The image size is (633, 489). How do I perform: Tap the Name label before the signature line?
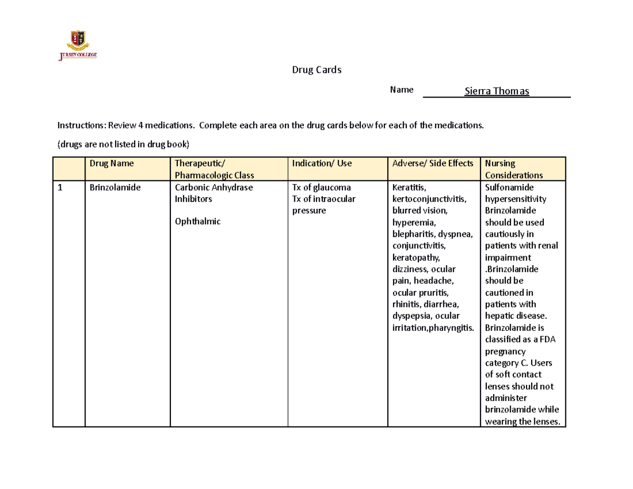(x=401, y=90)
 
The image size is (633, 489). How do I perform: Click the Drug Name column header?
(x=111, y=164)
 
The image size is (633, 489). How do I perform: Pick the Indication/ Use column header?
(x=322, y=164)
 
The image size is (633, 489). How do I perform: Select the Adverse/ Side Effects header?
(x=433, y=164)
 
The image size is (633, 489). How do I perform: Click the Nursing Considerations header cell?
(x=514, y=169)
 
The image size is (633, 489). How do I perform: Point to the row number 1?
(x=61, y=188)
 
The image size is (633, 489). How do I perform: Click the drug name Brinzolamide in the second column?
(x=115, y=188)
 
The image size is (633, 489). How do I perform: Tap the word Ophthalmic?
(x=197, y=222)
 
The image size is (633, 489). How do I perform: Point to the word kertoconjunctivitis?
(x=429, y=199)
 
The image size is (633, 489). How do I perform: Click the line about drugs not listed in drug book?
(x=122, y=143)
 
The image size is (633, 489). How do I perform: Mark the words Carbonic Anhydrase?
(x=214, y=188)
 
